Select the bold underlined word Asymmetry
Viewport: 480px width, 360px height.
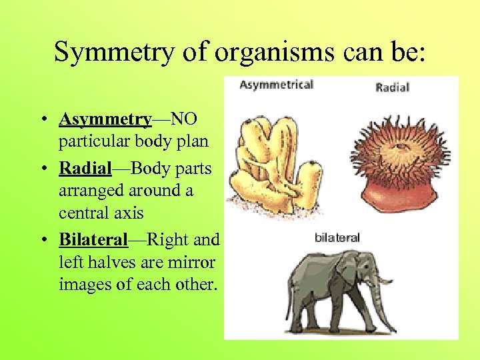click(105, 119)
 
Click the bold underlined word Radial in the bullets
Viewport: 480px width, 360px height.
click(85, 168)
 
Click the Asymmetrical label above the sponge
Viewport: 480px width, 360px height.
click(276, 85)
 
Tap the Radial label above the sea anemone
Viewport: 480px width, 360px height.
click(392, 87)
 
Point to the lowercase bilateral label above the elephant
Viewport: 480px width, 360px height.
click(337, 237)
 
